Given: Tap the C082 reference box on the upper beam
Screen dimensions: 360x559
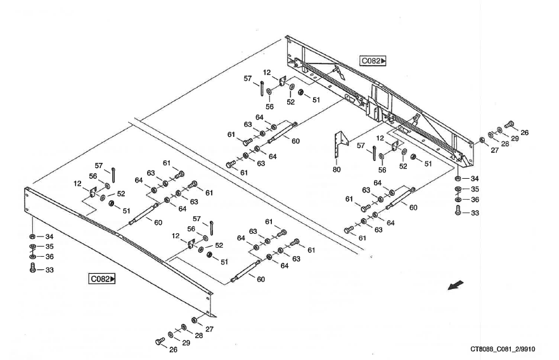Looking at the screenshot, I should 373,61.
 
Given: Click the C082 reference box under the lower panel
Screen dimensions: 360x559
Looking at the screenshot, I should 103,278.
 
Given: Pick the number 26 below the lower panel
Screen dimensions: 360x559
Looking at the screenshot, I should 174,349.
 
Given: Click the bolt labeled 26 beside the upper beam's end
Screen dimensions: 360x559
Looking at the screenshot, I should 509,125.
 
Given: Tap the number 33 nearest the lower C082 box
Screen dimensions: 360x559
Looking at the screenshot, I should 49,270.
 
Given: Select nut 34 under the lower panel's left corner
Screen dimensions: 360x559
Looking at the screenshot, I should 33,237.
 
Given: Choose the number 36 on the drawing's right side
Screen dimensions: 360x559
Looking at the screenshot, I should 475,200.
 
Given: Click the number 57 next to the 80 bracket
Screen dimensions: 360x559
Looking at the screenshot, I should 360,146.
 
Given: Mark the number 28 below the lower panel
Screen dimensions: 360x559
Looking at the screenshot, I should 198,335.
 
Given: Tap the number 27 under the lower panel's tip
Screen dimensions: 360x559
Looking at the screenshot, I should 209,328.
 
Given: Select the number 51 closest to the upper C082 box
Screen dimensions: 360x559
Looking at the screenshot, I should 315,100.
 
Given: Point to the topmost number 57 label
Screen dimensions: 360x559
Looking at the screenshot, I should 248,78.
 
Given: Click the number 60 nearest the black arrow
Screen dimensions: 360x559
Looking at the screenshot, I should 413,208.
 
